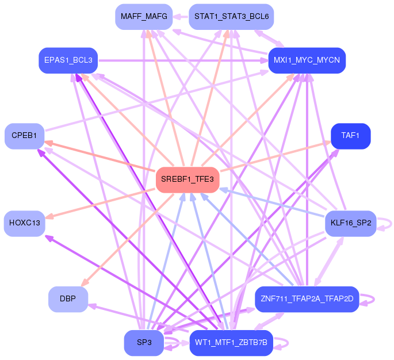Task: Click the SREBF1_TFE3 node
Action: [x=188, y=179]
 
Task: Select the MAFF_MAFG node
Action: [x=144, y=17]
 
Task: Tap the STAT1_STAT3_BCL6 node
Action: [x=231, y=17]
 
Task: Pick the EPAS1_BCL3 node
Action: [x=68, y=60]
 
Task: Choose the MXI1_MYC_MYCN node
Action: [x=307, y=60]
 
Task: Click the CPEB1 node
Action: [x=24, y=136]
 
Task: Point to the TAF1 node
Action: [x=350, y=136]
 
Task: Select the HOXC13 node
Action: [x=24, y=223]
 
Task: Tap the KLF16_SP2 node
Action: [x=350, y=223]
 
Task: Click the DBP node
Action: [x=68, y=299]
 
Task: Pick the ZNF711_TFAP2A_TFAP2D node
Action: [x=307, y=299]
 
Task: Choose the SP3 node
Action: [x=144, y=343]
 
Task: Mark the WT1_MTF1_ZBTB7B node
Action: [x=231, y=343]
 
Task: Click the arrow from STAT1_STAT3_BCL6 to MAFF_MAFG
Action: [x=181, y=17]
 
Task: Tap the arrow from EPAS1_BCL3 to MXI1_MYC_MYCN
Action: [x=183, y=60]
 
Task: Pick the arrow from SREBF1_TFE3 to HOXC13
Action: [x=100, y=204]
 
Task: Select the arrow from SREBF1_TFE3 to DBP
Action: [x=127, y=240]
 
